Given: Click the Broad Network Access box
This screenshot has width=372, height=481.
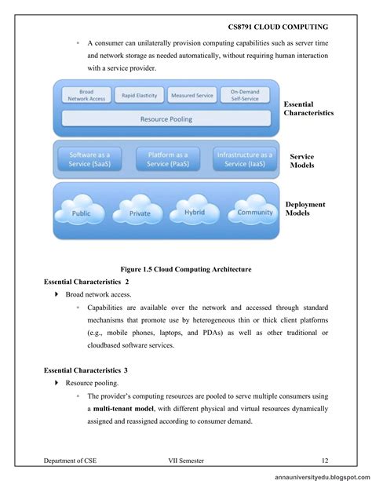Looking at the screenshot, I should (86, 96).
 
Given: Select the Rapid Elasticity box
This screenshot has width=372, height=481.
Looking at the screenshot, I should (139, 96).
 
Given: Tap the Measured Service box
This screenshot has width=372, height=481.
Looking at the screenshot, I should (191, 96).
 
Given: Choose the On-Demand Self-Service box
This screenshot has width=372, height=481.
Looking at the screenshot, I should (244, 96).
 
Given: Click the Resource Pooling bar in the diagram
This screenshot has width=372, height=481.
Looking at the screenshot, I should (166, 119).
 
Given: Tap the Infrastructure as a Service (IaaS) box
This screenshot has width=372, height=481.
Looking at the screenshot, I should (243, 159).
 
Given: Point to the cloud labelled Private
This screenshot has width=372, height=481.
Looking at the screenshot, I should (139, 211).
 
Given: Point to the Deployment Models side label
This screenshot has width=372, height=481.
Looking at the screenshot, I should (305, 209).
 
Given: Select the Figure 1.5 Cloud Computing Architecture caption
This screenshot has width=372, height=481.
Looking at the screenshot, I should (185, 269).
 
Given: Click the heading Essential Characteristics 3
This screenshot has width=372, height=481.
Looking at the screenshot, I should (86, 369).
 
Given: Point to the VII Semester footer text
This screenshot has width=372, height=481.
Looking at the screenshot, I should (191, 460).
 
